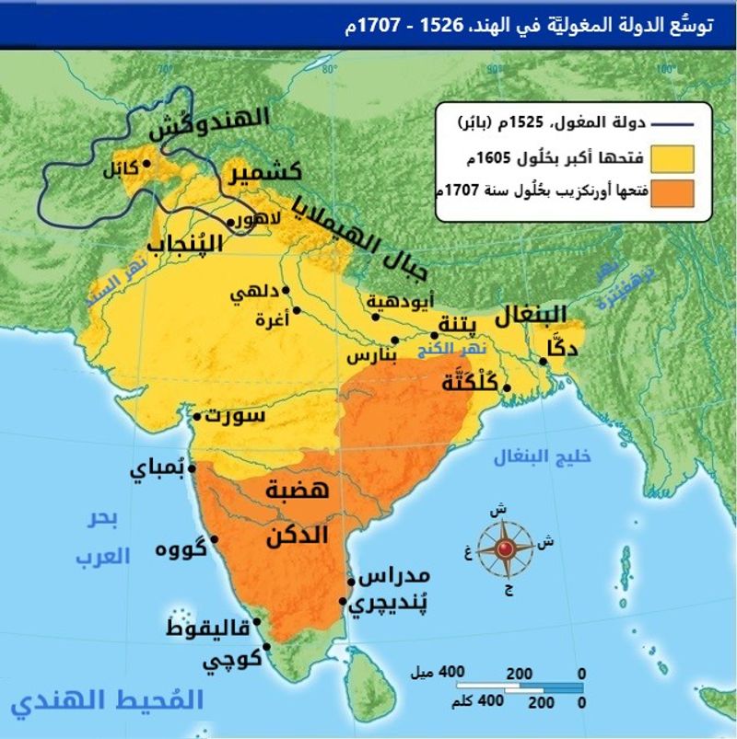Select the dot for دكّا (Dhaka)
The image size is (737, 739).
tap(544, 362)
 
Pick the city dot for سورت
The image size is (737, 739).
tap(195, 417)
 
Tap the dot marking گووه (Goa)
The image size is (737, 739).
tap(214, 539)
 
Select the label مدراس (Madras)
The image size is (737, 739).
tap(392, 578)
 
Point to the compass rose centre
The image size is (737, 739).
tap(505, 549)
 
